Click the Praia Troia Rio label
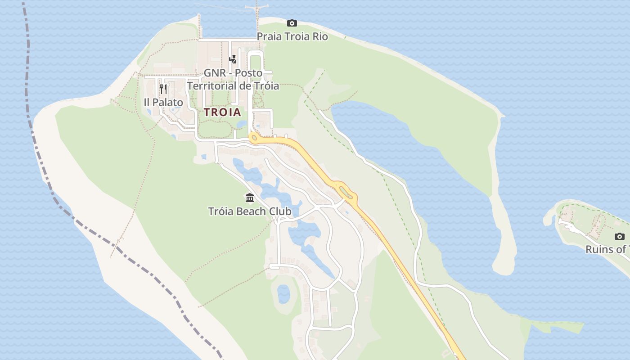(292, 36)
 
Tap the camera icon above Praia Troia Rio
(292, 23)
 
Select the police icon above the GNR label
(233, 59)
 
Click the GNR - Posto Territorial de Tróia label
(233, 79)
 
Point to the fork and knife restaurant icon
(163, 89)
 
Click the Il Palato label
(163, 103)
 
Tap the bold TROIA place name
(223, 112)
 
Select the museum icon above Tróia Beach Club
(250, 198)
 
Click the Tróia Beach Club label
(250, 211)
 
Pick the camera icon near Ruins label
(620, 236)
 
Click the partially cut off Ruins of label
(607, 249)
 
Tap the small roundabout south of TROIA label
(255, 138)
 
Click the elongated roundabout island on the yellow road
(346, 192)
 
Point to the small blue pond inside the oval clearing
(283, 294)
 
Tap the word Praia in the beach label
(270, 36)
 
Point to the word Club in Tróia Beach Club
(281, 211)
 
